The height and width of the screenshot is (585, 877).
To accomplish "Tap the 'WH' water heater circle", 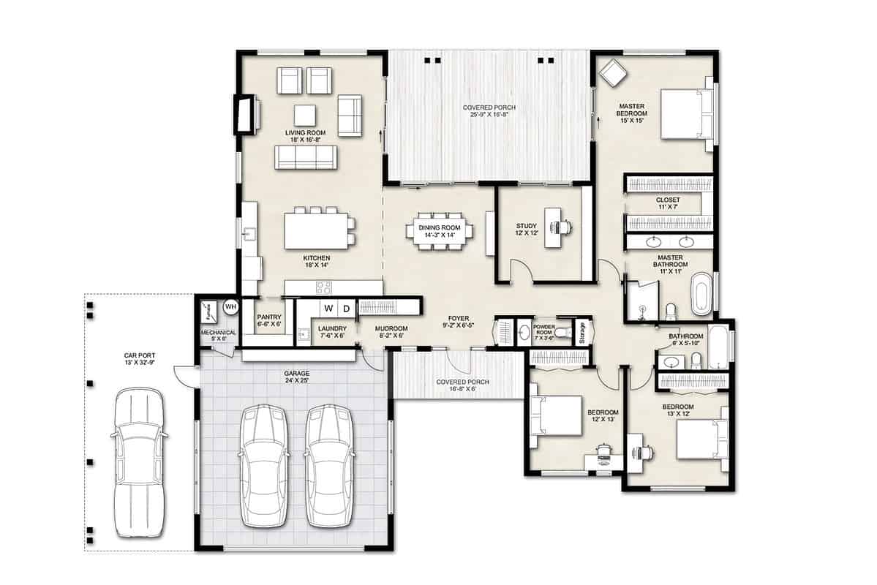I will tap(230, 306).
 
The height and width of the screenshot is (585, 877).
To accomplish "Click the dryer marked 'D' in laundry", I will tap(346, 308).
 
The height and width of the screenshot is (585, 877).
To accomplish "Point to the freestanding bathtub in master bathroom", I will tap(701, 293).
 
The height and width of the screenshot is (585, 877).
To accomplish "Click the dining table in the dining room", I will tap(439, 231).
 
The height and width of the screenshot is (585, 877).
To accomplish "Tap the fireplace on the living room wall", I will tap(245, 114).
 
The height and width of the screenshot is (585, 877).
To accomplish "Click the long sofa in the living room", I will tap(305, 156).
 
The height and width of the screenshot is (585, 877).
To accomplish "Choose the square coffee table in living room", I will tap(305, 116).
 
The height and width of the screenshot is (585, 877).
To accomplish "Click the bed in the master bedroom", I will tap(685, 113).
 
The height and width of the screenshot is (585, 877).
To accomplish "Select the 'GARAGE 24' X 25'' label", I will tap(297, 377).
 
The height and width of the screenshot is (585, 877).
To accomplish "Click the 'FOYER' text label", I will tap(458, 318).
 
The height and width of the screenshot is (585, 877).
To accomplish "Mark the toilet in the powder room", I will tap(562, 333).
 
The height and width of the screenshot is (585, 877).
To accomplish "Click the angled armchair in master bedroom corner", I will tap(611, 72).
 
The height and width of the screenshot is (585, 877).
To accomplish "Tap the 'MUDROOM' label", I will tap(391, 329).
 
